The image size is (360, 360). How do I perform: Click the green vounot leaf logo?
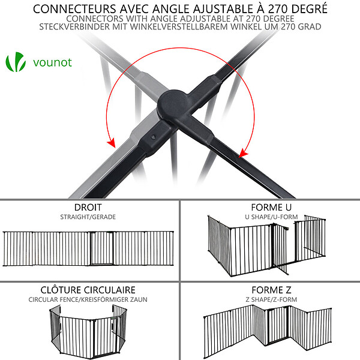(x=16, y=62)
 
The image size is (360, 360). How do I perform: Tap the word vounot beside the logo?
(x=53, y=62)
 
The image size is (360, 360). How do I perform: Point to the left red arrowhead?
(x=112, y=142)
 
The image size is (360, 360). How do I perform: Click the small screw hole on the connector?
(x=153, y=137)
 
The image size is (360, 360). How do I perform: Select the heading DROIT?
(x=88, y=208)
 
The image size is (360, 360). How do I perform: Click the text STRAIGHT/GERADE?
(x=88, y=217)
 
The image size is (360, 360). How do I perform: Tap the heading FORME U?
(x=271, y=208)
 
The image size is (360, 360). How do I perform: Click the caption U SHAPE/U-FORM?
(x=271, y=217)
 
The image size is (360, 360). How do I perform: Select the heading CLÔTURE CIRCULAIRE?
(x=88, y=290)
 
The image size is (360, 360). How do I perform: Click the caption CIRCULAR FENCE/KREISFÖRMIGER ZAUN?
(x=88, y=299)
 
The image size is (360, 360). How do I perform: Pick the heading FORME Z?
(x=271, y=290)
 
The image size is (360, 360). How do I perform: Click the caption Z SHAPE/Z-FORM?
(x=271, y=299)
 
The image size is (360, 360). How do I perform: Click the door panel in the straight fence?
(x=102, y=248)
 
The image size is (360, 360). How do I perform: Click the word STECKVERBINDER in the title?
(x=74, y=27)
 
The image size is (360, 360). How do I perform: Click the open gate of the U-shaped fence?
(x=280, y=249)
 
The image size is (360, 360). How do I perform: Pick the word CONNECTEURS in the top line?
(x=74, y=9)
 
